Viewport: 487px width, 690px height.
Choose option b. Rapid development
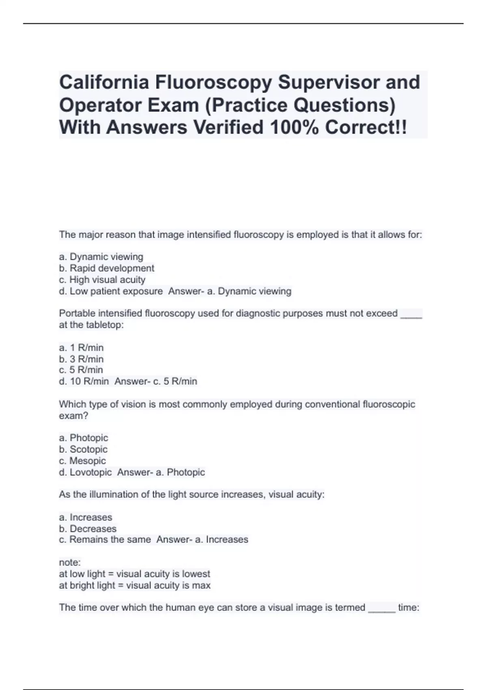(x=107, y=268)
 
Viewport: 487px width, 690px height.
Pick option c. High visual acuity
(x=102, y=280)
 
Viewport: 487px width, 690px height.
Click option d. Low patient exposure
(x=111, y=291)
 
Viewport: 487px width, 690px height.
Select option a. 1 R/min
(x=81, y=348)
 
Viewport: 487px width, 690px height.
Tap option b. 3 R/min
(x=81, y=359)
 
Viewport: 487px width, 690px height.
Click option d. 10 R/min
(x=84, y=382)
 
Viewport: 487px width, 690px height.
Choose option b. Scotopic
(x=83, y=449)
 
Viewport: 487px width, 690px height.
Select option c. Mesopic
(x=82, y=461)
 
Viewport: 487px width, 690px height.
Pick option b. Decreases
(x=88, y=529)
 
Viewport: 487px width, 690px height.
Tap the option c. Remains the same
(x=105, y=540)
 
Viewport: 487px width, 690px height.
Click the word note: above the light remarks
(x=70, y=563)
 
